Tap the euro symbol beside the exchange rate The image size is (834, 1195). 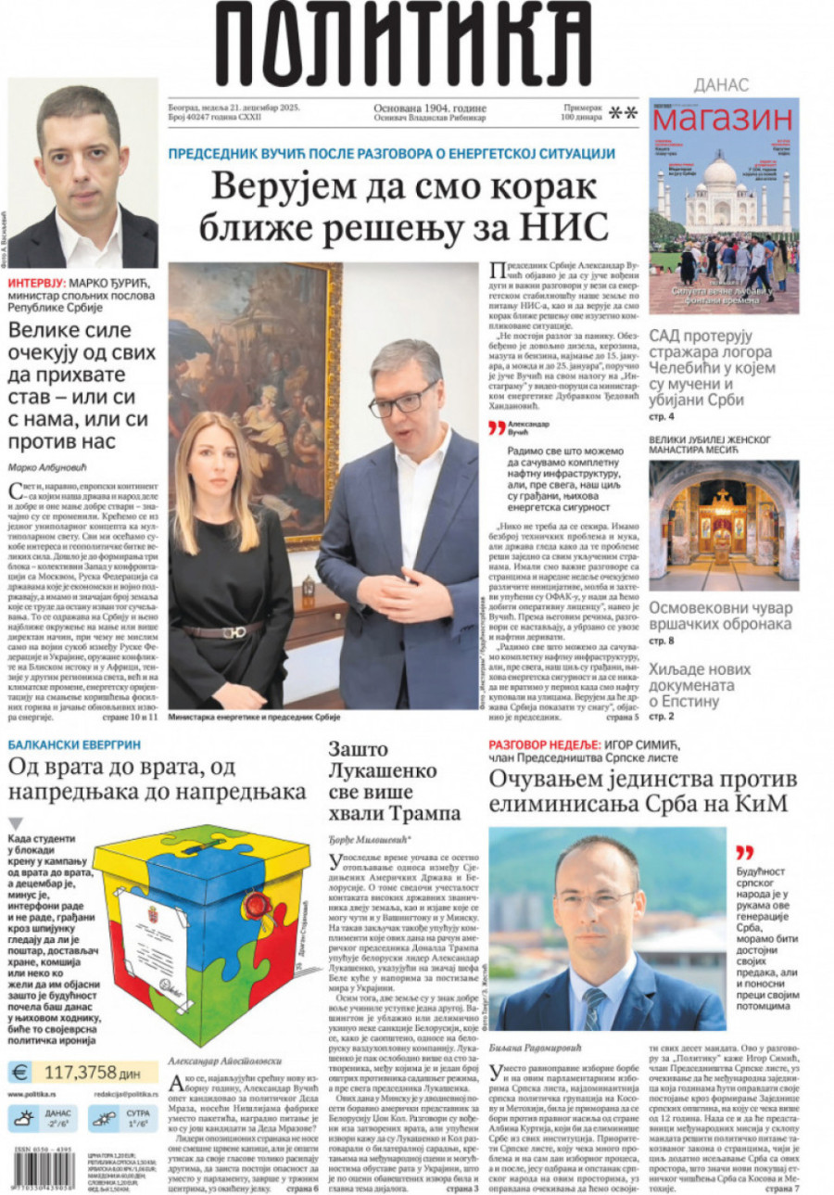pyautogui.click(x=20, y=1072)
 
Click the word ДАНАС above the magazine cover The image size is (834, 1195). pyautogui.click(x=720, y=85)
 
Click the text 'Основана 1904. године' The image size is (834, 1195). pyautogui.click(x=429, y=108)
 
